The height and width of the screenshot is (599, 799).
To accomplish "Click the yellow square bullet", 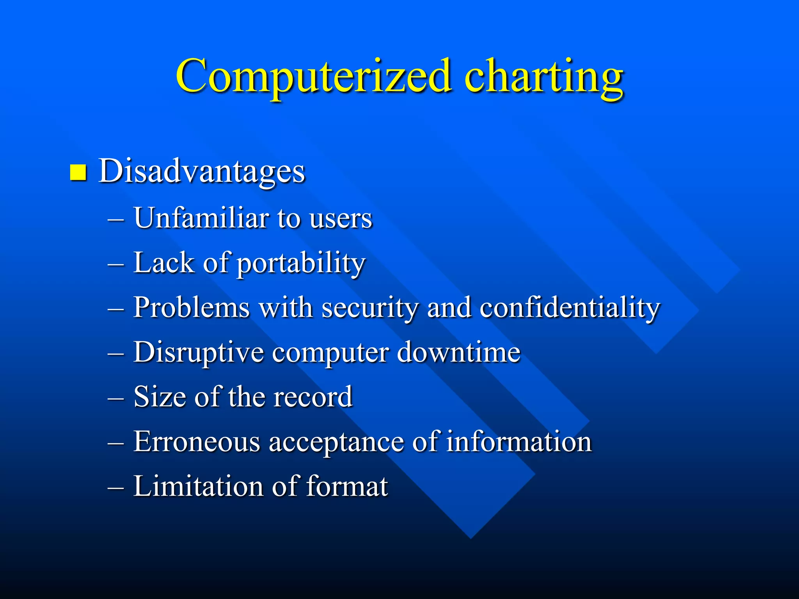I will tap(78, 172).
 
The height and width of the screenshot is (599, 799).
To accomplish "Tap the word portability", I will tap(301, 263).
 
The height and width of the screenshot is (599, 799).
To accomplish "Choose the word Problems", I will tap(191, 307).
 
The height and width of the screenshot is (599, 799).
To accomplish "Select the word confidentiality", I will tap(570, 307).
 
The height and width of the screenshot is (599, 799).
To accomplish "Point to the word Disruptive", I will tap(198, 352).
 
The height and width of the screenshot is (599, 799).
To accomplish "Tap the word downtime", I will tap(458, 352).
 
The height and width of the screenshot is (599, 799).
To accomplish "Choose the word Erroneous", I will tap(197, 441).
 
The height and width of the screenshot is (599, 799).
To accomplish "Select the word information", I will tap(519, 441).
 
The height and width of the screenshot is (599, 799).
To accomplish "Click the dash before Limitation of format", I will tap(116, 487).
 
